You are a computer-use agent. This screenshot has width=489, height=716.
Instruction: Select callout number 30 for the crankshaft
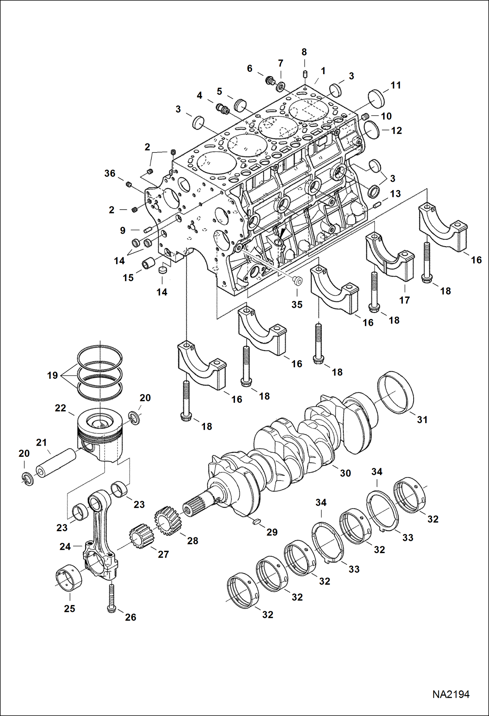(345, 473)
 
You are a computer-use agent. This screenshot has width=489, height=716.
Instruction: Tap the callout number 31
(422, 420)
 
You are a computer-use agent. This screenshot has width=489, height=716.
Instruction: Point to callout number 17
(404, 300)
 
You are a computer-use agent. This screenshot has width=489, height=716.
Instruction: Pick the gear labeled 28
(167, 520)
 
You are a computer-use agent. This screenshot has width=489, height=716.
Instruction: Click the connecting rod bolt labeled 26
(111, 598)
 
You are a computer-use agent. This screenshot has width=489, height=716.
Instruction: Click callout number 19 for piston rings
(52, 375)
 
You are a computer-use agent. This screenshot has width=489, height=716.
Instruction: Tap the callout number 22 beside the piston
(60, 408)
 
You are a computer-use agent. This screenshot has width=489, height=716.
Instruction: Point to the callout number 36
(110, 173)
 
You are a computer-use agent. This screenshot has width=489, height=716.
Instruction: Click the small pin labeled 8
(304, 73)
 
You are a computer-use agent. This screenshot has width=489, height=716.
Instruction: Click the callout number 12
(396, 131)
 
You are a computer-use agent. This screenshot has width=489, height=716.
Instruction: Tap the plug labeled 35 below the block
(297, 280)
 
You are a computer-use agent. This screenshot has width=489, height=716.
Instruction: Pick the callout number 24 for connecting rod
(65, 547)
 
